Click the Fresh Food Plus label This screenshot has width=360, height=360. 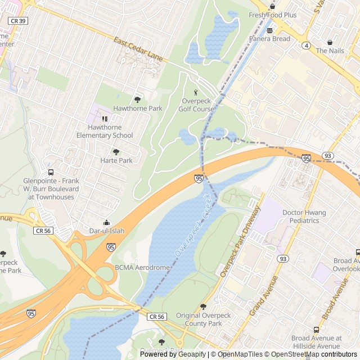[273, 15]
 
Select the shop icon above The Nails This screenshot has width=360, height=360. [330, 42]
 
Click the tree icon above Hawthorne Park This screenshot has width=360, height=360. [138, 100]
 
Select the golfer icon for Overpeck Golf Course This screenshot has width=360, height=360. [196, 92]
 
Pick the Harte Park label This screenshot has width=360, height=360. [116, 160]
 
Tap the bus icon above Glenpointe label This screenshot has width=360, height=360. [51, 173]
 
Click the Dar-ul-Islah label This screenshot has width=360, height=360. [107, 231]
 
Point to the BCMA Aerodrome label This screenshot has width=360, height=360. [142, 268]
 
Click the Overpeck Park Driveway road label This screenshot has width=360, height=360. [241, 241]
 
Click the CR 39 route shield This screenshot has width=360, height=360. [17, 20]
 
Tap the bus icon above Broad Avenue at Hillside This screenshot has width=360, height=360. [316, 330]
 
